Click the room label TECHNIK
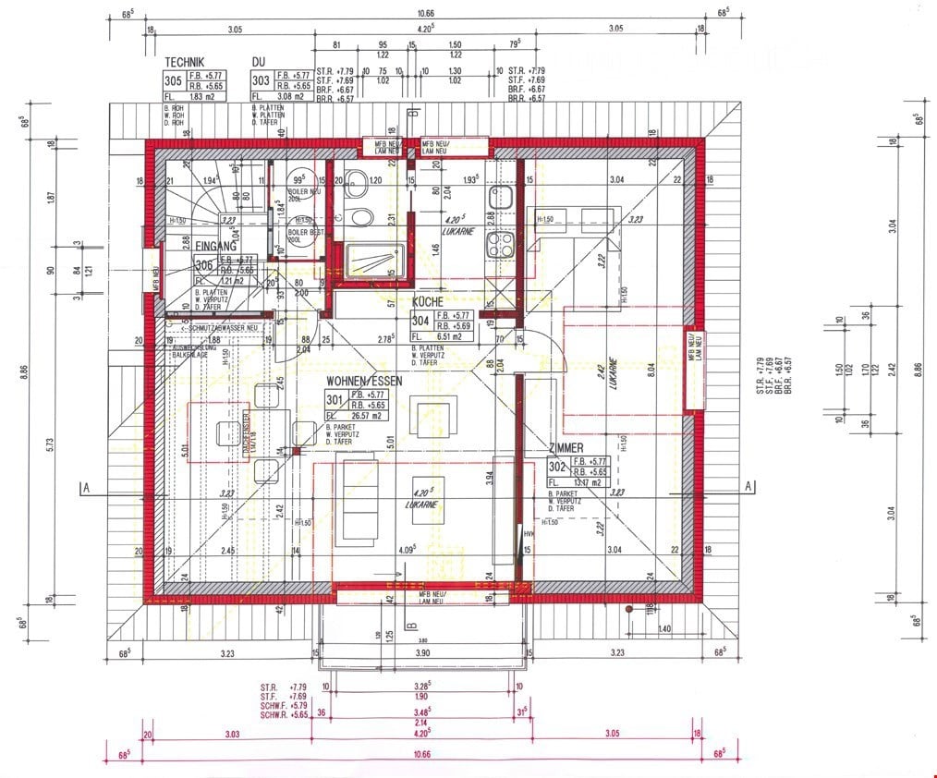(x=185, y=62)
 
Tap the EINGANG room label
(x=215, y=247)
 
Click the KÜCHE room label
(x=428, y=302)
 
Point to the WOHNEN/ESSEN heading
(x=363, y=380)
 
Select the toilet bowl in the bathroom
(x=361, y=216)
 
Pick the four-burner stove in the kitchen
(x=501, y=245)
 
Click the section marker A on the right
(x=748, y=486)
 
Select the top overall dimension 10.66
(x=425, y=14)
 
